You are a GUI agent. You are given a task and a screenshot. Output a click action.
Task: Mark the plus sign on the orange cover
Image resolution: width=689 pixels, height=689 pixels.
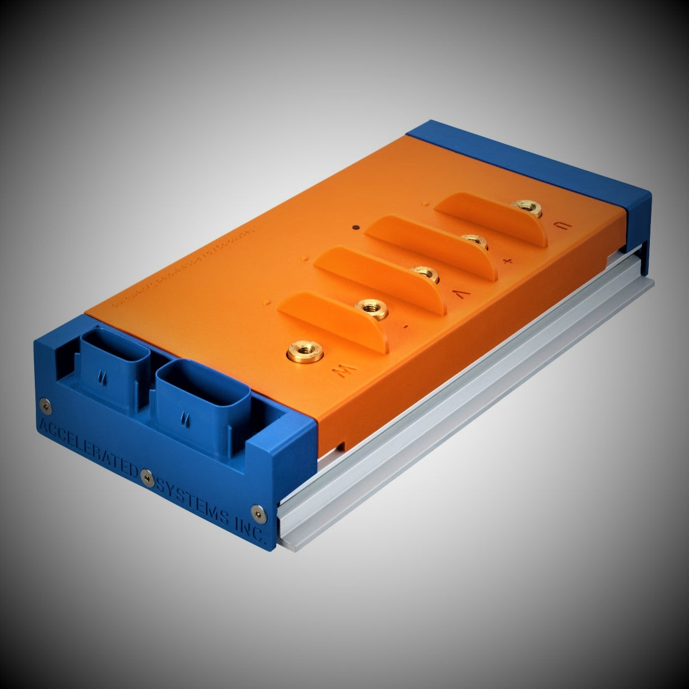click(508, 261)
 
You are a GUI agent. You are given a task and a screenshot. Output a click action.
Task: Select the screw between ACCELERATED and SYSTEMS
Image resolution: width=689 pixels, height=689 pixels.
click(145, 476)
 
